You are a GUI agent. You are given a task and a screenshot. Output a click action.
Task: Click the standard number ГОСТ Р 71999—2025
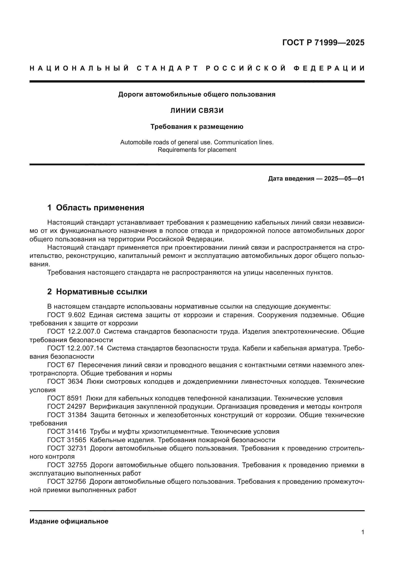click(x=323, y=43)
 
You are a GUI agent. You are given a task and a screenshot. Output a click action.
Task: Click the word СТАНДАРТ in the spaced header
click(x=167, y=68)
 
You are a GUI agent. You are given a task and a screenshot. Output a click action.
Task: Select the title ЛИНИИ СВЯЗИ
click(x=197, y=111)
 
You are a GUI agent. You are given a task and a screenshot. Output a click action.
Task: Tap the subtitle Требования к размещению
click(x=197, y=127)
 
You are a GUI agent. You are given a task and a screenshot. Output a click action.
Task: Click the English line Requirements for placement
click(x=197, y=150)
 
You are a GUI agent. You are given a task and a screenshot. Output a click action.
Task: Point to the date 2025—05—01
click(x=344, y=179)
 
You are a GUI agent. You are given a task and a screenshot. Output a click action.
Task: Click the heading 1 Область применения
click(x=96, y=208)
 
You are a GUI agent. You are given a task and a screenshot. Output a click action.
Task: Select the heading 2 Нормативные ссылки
click(x=97, y=292)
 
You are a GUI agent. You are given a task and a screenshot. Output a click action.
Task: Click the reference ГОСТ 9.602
click(x=66, y=315)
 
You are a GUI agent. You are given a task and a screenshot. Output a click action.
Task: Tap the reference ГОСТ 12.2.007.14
click(x=75, y=348)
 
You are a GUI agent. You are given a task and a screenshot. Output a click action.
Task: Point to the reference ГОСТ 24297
click(x=67, y=407)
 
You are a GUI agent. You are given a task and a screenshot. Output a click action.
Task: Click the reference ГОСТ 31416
click(x=67, y=432)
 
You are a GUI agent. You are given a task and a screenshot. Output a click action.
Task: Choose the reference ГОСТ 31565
click(x=67, y=440)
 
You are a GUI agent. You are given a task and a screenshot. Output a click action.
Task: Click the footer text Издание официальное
click(x=69, y=521)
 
